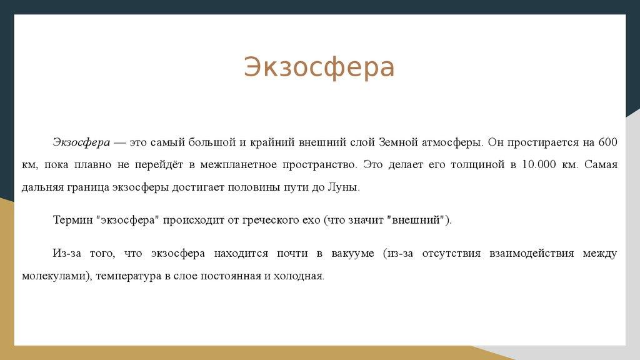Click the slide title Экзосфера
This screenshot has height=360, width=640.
(x=319, y=67)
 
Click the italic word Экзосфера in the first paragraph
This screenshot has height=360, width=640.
(x=81, y=142)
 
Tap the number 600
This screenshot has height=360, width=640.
(x=607, y=142)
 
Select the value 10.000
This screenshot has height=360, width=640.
(x=539, y=164)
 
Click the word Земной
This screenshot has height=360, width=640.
(x=398, y=142)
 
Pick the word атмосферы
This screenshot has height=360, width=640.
(x=452, y=143)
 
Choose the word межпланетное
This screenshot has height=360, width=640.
(x=237, y=165)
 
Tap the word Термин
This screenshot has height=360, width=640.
(x=73, y=221)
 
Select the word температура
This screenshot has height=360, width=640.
(x=129, y=276)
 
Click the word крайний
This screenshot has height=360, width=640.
(x=272, y=142)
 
